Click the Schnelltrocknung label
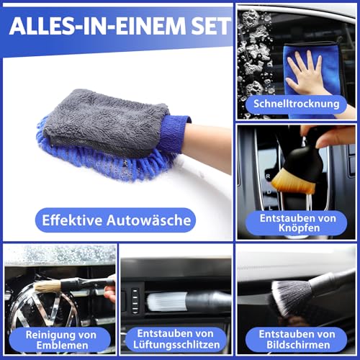(x=295, y=104)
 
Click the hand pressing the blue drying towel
(x=307, y=72)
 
